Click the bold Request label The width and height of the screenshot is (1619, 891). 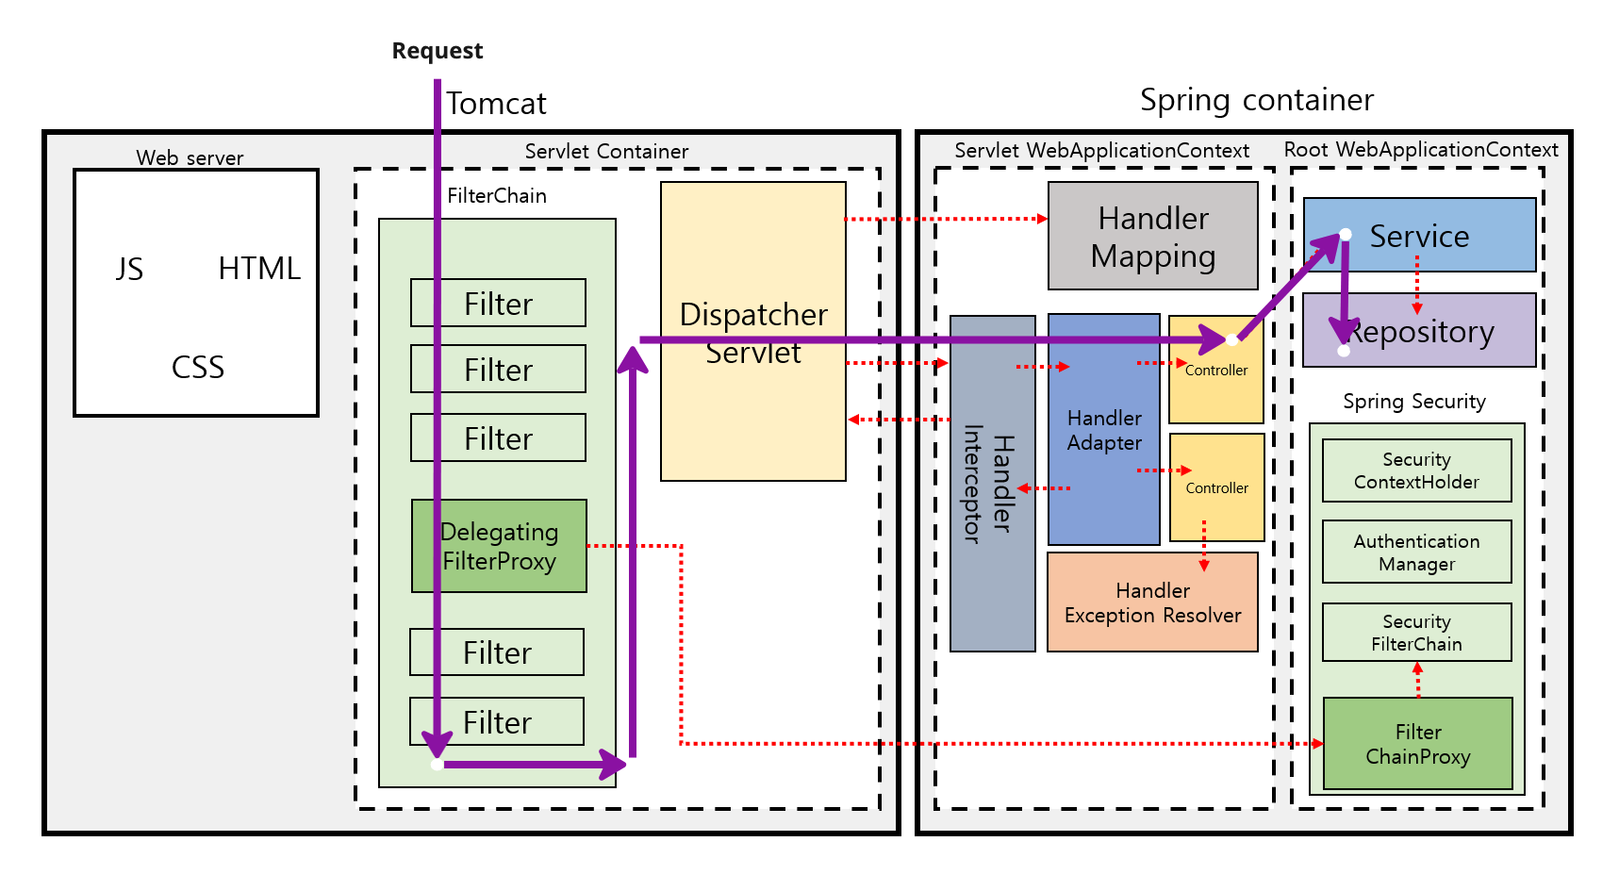pos(437,51)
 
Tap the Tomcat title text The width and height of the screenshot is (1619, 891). pos(496,103)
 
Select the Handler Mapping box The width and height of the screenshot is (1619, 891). pos(1152,236)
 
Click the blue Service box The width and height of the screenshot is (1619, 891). pos(1419,235)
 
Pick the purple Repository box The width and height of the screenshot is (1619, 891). pos(1419,330)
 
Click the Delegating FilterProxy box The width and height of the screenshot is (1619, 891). pos(499,546)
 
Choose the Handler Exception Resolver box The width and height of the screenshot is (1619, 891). pos(1152,602)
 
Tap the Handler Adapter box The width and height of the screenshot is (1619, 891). pos(1104,429)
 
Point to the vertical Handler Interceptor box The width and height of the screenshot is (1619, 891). pos(992,484)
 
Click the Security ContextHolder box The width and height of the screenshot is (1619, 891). pos(1416,470)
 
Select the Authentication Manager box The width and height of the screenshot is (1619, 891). pos(1416,552)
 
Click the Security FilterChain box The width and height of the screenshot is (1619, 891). pos(1416,632)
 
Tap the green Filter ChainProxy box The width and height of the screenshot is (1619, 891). pos(1417,743)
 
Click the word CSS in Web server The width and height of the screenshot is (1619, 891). pos(198,367)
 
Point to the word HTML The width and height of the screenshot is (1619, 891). pos(259,269)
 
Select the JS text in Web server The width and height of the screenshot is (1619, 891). pos(129,270)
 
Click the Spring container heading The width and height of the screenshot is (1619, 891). pos(1256,100)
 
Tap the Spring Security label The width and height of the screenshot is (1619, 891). pos(1413,402)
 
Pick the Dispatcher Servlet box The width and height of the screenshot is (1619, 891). pos(752,332)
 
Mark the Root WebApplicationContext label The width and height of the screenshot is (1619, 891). pos(1420,150)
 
